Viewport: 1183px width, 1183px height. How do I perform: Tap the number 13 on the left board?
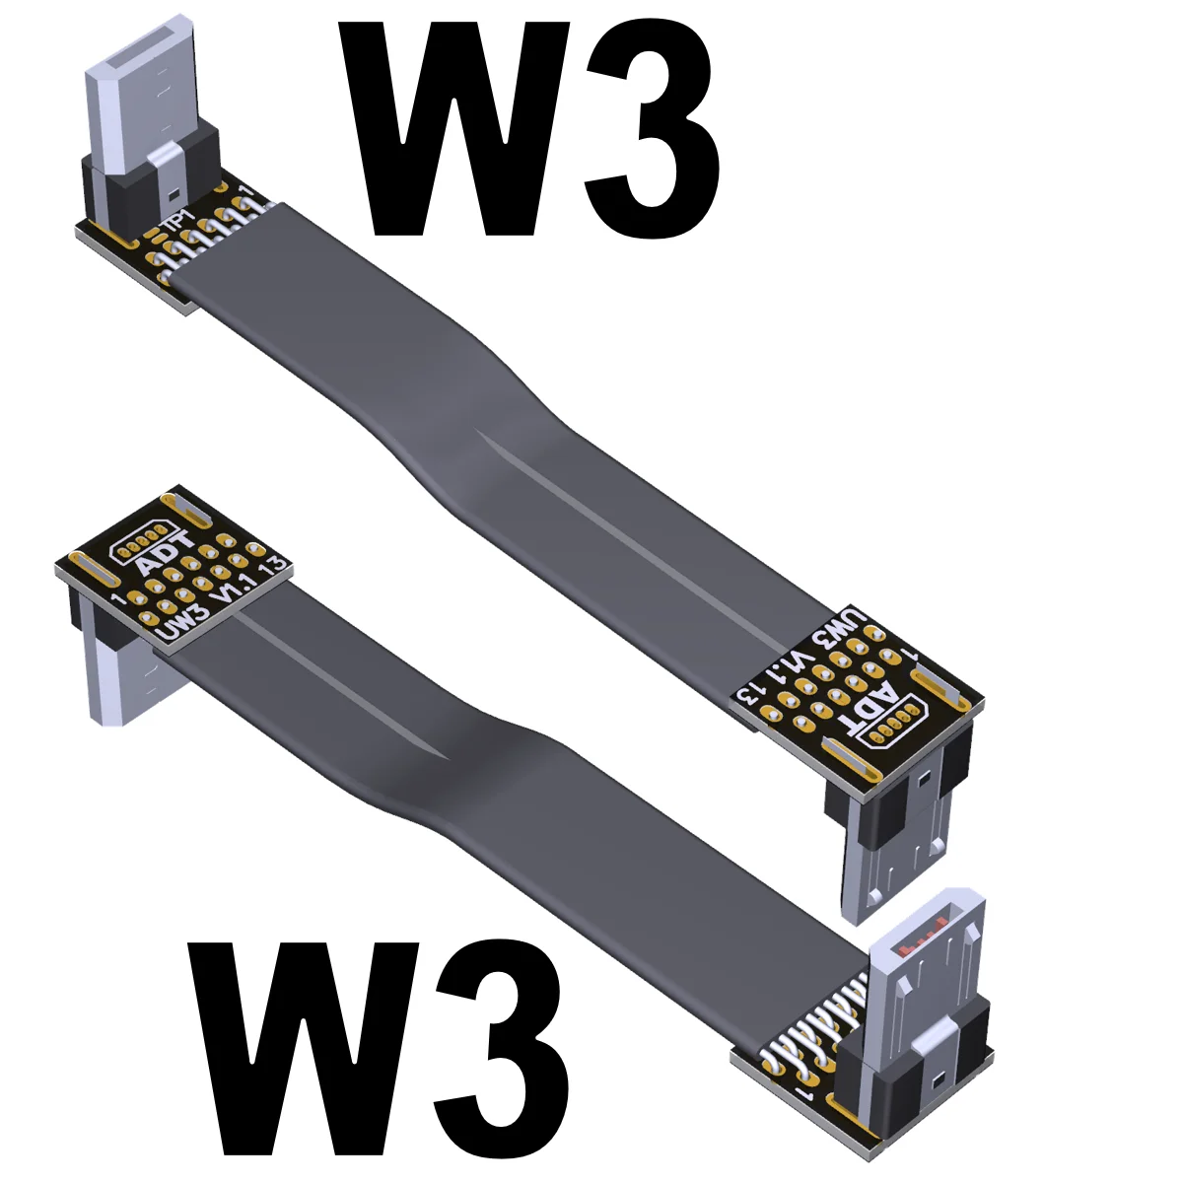pyautogui.click(x=275, y=566)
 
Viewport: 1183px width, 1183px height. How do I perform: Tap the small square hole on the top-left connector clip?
pyautogui.click(x=173, y=192)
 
